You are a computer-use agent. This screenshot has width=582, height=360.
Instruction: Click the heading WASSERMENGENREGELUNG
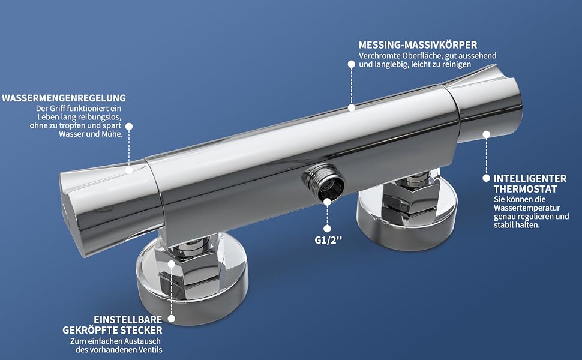(x=64, y=98)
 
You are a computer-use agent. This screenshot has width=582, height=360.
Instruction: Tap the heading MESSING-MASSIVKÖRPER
(x=418, y=45)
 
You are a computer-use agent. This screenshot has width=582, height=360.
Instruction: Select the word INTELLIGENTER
(x=530, y=179)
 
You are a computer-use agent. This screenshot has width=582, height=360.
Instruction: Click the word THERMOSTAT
(x=525, y=189)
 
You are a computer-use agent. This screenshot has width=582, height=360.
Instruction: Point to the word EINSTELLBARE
(x=128, y=320)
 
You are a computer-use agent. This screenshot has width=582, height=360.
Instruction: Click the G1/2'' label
(x=328, y=240)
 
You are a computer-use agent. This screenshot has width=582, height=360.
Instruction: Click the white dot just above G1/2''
(x=327, y=229)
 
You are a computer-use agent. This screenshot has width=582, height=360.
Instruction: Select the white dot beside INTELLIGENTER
(x=486, y=178)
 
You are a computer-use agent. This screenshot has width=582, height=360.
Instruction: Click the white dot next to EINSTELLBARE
(x=171, y=319)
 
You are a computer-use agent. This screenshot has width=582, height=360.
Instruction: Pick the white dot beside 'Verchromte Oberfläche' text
(x=351, y=64)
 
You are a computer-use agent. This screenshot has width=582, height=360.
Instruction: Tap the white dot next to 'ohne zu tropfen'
(x=129, y=126)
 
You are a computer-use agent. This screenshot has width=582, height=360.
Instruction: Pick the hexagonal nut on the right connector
(x=411, y=197)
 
